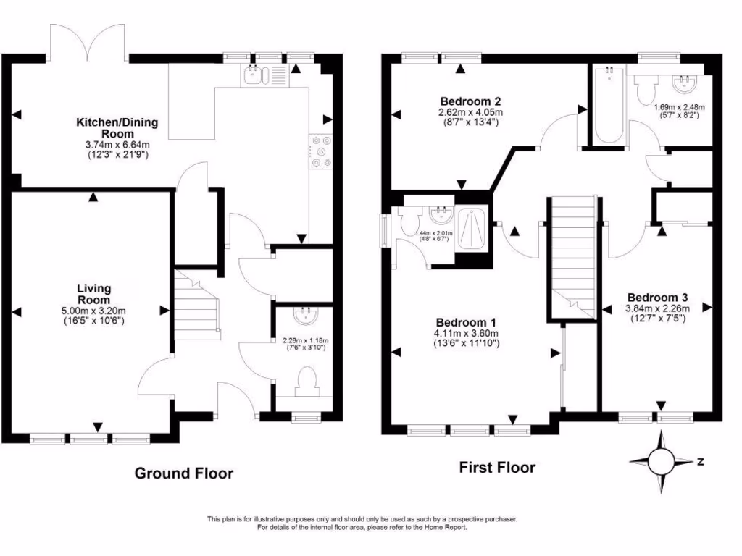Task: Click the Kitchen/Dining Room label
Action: (117, 122)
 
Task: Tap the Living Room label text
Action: (93, 294)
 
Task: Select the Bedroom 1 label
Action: (466, 322)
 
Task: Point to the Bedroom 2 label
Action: (470, 101)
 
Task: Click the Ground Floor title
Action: (184, 473)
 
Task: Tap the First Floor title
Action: (497, 468)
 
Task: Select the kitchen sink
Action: (255, 74)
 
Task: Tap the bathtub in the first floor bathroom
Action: (607, 105)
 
